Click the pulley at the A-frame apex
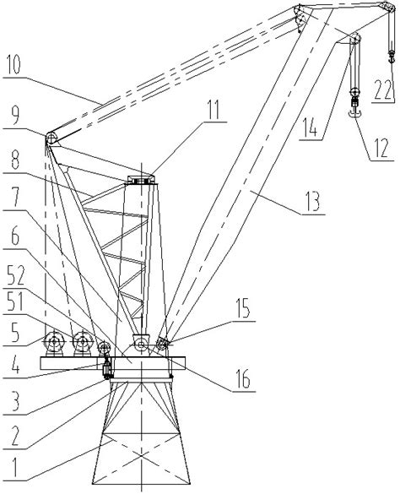(x=51, y=138)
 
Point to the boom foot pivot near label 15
(x=164, y=343)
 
